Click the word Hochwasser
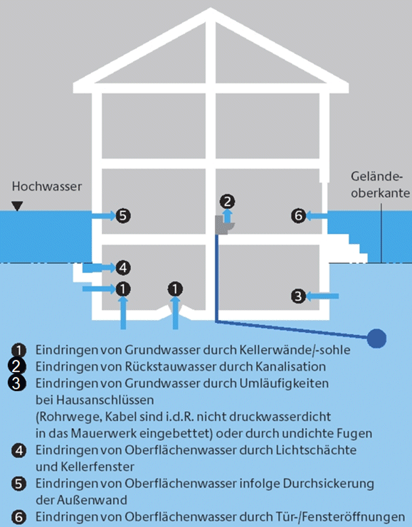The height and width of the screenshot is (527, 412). (47, 186)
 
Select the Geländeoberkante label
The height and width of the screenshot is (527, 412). (381, 184)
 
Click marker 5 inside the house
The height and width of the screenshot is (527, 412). (123, 215)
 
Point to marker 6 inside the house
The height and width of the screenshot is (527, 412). (299, 215)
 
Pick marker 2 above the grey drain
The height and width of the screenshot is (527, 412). (228, 201)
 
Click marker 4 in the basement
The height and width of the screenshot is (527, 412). (123, 268)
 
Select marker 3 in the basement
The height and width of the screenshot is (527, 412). (299, 296)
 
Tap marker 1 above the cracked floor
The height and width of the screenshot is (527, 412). (175, 289)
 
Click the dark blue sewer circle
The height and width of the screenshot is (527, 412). (376, 338)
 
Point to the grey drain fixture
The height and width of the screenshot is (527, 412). (223, 225)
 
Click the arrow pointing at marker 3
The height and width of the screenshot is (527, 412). (322, 296)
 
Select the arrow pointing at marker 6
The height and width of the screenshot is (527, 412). (317, 215)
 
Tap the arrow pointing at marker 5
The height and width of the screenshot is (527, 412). (104, 215)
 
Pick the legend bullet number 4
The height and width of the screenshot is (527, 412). (19, 450)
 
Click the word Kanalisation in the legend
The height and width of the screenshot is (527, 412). (290, 366)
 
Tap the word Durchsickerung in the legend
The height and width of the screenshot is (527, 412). (329, 484)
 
